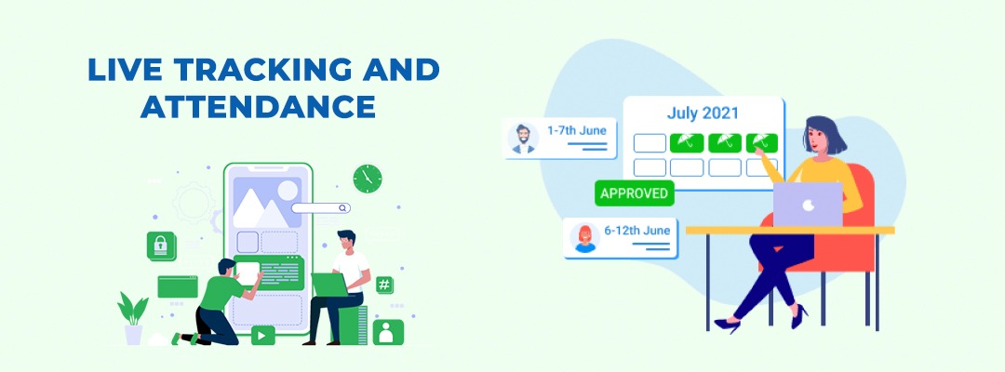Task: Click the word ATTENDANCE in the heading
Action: click(x=258, y=106)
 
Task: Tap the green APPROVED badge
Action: click(x=635, y=193)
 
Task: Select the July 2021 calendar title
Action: click(x=703, y=113)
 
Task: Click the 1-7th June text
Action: click(x=576, y=130)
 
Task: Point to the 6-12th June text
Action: click(x=636, y=231)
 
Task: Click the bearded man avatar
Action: click(x=523, y=139)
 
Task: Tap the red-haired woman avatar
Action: click(x=584, y=238)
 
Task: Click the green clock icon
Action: click(x=368, y=179)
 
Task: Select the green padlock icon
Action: click(x=161, y=246)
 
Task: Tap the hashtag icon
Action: click(x=384, y=285)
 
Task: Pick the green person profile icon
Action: click(x=388, y=332)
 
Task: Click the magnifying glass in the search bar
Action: click(x=343, y=208)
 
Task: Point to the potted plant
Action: click(x=133, y=318)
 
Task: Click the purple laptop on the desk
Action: click(x=808, y=205)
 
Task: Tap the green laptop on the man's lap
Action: click(x=330, y=285)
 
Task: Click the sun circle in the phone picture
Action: click(x=288, y=190)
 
